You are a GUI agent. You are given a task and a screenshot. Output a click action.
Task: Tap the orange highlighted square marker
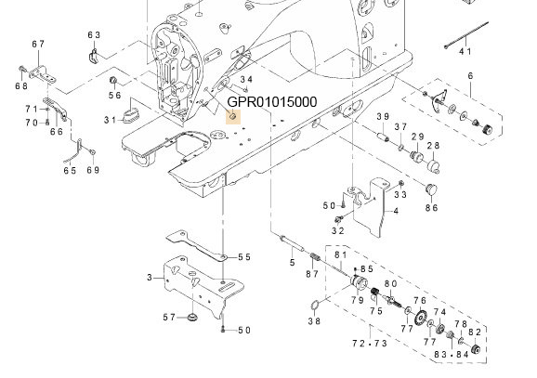(x=233, y=116)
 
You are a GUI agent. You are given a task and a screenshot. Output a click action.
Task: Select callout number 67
(x=38, y=45)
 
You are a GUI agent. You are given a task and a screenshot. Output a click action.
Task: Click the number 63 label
(x=94, y=35)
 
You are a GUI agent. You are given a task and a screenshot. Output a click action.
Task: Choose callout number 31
(x=110, y=119)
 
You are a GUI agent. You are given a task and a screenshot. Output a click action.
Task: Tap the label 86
(x=431, y=209)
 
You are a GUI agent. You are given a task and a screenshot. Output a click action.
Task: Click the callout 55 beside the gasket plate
(x=244, y=257)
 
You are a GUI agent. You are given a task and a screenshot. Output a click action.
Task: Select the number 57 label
(x=169, y=318)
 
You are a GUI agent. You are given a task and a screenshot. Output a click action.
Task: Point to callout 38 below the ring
(x=314, y=322)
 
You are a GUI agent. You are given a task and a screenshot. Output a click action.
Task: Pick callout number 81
(x=340, y=255)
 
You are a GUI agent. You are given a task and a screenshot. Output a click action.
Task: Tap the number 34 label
(x=245, y=80)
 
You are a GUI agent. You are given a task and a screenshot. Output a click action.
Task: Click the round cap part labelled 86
(x=430, y=189)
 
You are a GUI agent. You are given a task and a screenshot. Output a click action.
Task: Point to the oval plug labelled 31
(x=132, y=115)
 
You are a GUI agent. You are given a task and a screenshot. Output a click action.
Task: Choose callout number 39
(x=382, y=116)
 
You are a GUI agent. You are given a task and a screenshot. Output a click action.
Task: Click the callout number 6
(x=470, y=75)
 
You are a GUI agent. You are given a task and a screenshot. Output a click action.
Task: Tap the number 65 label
(x=70, y=170)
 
